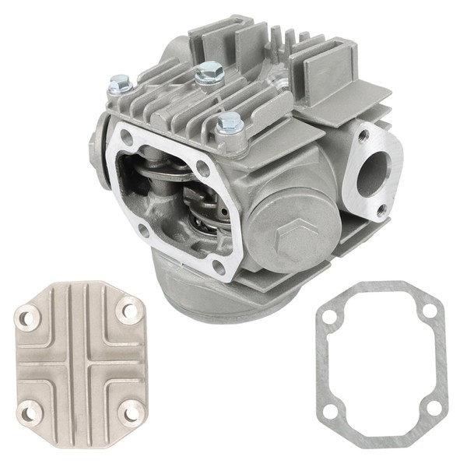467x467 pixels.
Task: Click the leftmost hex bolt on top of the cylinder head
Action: tap(121, 82)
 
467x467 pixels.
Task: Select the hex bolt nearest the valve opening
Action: tap(229, 124)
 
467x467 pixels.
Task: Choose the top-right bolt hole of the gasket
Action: tap(426, 311)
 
